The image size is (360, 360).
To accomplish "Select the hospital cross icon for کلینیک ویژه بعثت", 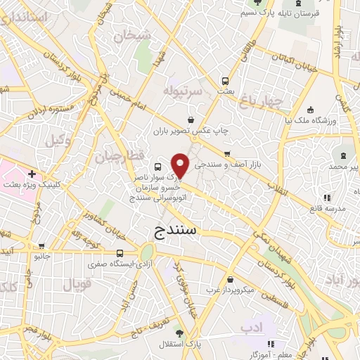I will point(32,173).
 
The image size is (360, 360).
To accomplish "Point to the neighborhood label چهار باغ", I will point(264,103).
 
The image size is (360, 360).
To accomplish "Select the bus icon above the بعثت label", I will point(226,80).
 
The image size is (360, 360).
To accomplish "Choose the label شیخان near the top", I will point(135,34).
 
